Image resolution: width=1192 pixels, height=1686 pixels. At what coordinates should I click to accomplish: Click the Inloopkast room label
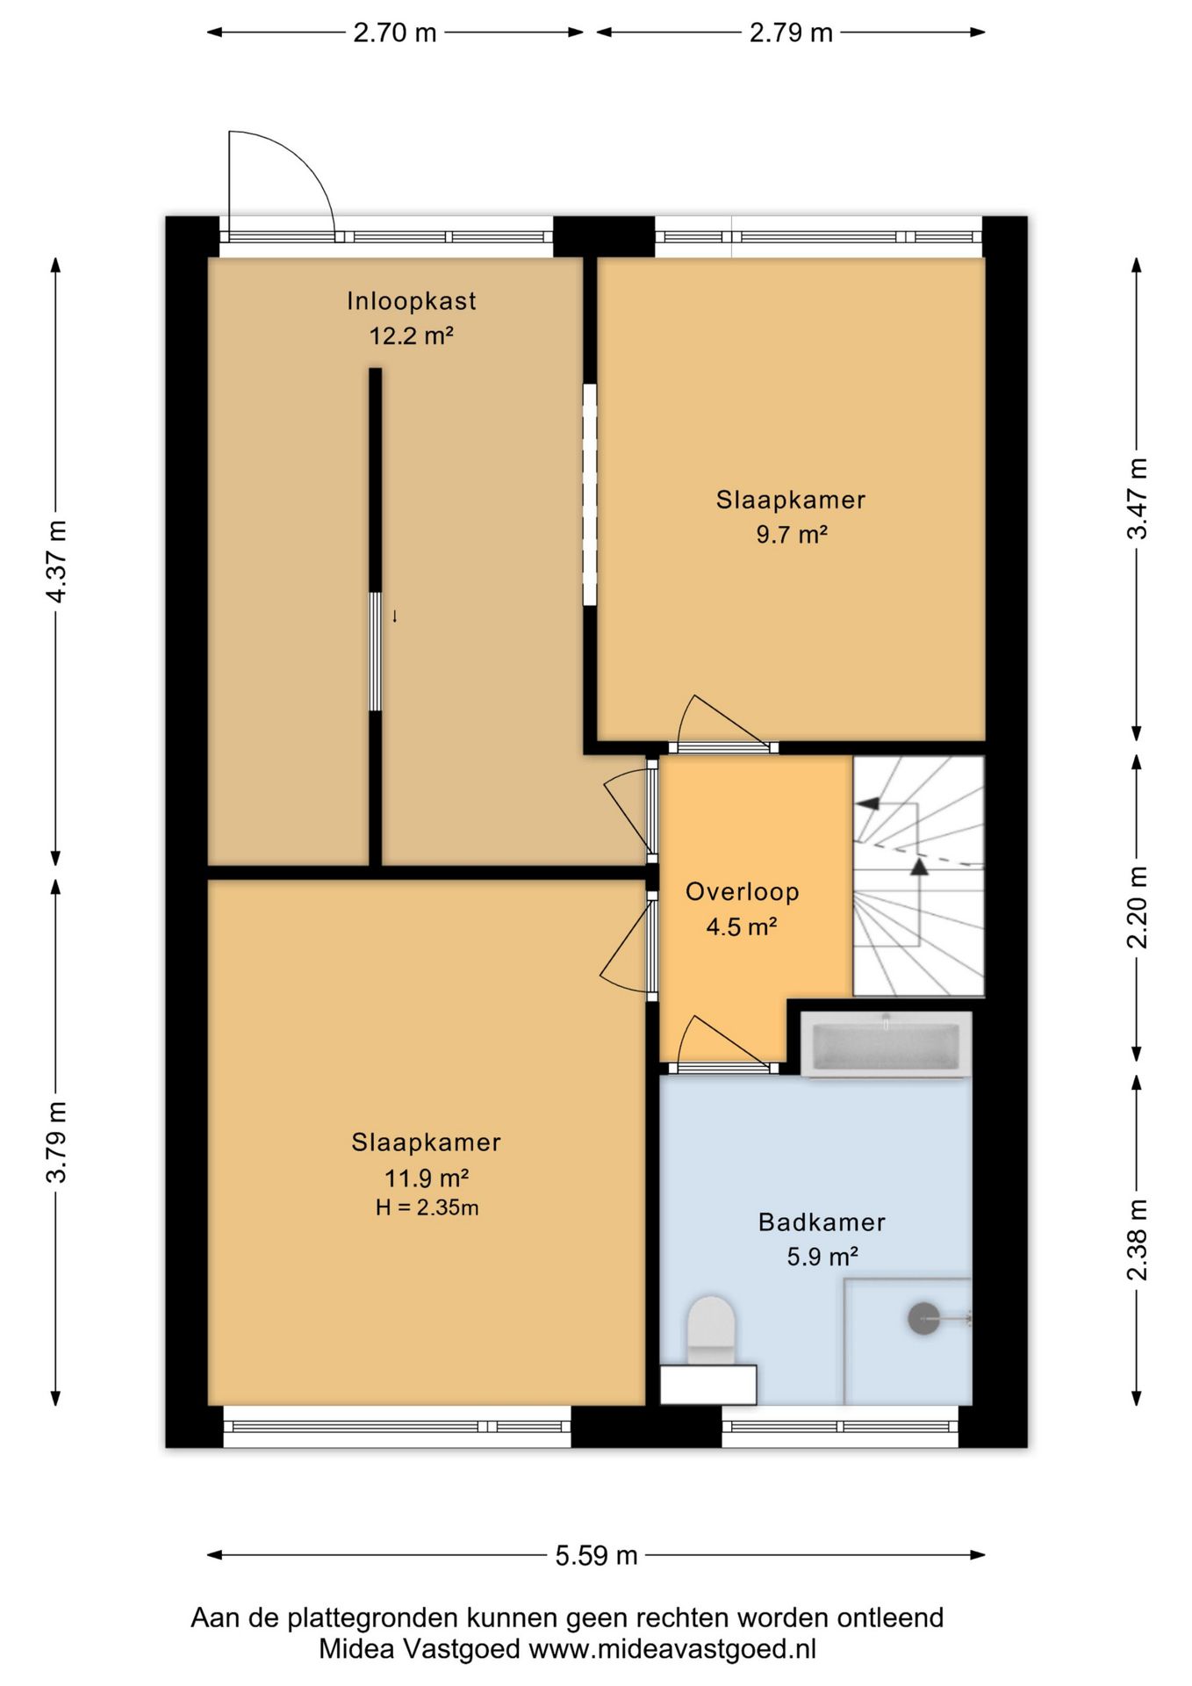(411, 301)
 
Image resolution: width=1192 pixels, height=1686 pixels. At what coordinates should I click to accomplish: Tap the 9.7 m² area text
(792, 534)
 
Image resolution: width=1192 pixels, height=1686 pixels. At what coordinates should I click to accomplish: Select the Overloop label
(742, 892)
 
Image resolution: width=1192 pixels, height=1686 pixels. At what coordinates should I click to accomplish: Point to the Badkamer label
(822, 1221)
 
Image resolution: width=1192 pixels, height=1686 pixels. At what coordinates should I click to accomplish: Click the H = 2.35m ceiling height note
(427, 1207)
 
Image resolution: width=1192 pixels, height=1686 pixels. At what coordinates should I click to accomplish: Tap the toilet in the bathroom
(710, 1330)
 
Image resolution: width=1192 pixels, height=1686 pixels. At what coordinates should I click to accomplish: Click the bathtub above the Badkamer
(886, 1044)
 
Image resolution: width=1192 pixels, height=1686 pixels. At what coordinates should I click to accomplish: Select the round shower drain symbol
(923, 1318)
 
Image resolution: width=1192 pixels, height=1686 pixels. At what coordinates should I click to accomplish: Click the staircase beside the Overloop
(918, 876)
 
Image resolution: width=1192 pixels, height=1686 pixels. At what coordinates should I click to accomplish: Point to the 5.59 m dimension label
(596, 1555)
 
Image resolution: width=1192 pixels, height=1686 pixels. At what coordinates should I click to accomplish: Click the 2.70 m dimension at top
(394, 32)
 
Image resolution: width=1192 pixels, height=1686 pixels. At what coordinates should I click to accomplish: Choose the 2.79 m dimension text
(790, 32)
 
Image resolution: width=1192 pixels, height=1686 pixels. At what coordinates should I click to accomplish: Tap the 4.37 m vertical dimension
(56, 561)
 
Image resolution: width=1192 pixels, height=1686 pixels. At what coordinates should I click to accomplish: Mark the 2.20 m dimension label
(1137, 907)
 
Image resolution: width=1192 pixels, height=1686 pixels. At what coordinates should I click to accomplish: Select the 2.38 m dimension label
(1137, 1239)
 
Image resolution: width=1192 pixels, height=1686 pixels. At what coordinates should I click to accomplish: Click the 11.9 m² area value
(426, 1178)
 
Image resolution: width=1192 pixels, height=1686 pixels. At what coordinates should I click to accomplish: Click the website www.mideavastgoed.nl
(672, 1648)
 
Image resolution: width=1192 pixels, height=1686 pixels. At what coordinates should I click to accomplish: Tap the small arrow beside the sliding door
(395, 616)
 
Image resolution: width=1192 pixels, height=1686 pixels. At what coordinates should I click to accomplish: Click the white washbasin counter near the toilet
(708, 1385)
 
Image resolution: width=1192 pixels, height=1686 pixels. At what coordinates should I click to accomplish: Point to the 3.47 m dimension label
(1137, 499)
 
